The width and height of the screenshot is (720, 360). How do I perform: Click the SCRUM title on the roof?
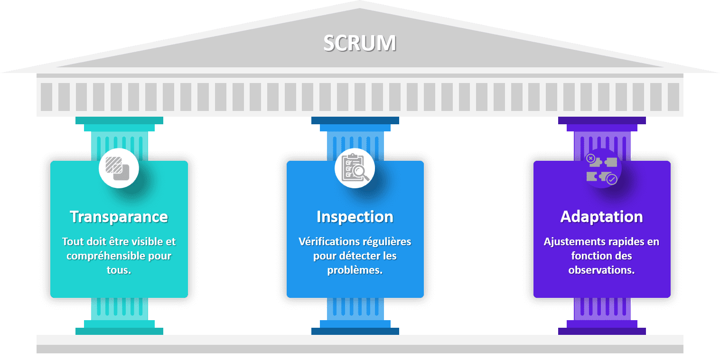click(360, 43)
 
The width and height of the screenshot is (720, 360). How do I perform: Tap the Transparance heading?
click(119, 217)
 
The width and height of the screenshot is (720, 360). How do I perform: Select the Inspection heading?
click(355, 217)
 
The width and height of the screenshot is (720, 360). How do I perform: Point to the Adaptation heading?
click(602, 217)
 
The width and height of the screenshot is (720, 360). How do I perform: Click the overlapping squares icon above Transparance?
click(118, 168)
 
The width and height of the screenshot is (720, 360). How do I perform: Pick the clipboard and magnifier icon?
click(355, 168)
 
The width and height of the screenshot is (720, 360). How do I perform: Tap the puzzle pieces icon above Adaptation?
click(602, 169)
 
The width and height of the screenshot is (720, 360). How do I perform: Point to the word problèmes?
click(355, 270)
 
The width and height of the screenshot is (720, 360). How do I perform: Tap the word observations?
click(601, 270)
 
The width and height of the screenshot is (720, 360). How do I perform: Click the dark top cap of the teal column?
click(119, 120)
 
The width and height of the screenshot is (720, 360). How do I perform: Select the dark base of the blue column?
click(355, 331)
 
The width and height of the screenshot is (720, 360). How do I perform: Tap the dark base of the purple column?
click(602, 331)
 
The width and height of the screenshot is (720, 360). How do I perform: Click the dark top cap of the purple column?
click(602, 120)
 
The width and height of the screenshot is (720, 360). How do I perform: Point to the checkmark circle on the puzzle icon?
click(612, 179)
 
